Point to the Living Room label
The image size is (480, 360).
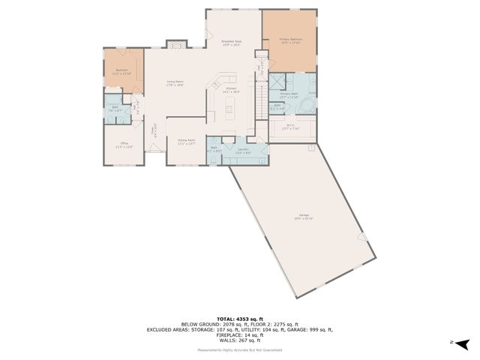click(x=175, y=83)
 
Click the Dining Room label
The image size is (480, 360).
click(x=187, y=142)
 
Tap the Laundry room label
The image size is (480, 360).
click(x=244, y=151)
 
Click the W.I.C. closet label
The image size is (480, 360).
click(x=291, y=127)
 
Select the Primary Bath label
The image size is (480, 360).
click(x=289, y=95)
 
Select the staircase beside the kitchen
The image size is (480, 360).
click(x=262, y=94)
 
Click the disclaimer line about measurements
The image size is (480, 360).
click(x=240, y=350)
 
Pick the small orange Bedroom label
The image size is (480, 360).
click(x=121, y=72)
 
